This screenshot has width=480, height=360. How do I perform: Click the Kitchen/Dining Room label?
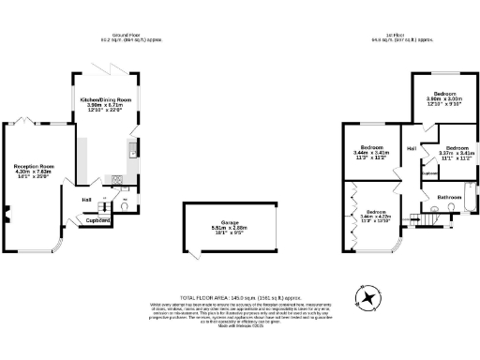point(106,98)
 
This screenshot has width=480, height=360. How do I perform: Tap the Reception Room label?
point(34,165)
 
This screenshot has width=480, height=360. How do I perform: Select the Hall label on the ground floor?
point(86,199)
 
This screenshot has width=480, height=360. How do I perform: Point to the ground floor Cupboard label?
point(98,220)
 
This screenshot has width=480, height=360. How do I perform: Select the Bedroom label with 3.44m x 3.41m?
point(373,149)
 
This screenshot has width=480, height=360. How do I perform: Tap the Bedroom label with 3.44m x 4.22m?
point(376,213)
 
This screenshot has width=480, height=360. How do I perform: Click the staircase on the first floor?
point(427,217)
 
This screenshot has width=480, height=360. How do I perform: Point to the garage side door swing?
point(193,254)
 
